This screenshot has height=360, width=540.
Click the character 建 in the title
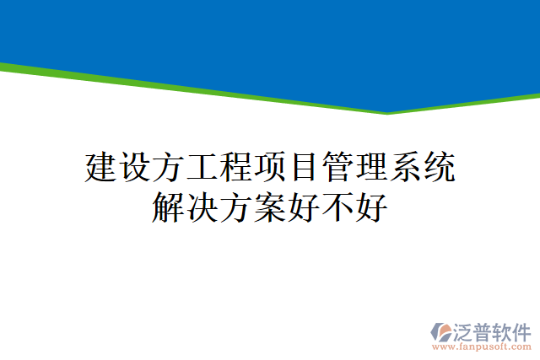(x=101, y=167)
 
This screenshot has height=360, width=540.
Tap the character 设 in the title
(x=135, y=167)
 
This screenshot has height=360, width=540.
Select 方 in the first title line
(x=169, y=167)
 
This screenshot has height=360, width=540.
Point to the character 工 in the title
(x=202, y=167)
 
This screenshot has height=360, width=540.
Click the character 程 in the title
(x=236, y=167)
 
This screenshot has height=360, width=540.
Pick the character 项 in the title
(x=270, y=167)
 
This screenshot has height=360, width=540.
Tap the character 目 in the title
(x=304, y=167)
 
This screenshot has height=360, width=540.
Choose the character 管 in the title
(x=337, y=167)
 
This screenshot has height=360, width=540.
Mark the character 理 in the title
(x=371, y=167)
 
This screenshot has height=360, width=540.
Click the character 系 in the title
(x=405, y=167)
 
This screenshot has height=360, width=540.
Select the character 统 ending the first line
(x=439, y=167)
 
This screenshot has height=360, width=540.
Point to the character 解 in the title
(x=168, y=207)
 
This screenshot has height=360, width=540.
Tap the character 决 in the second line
(x=202, y=207)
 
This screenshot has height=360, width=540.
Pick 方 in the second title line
(x=235, y=207)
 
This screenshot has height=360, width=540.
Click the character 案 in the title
(x=269, y=207)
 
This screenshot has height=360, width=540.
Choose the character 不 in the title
(x=337, y=207)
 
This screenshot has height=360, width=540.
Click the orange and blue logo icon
(x=443, y=331)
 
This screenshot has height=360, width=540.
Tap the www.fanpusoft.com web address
(x=481, y=347)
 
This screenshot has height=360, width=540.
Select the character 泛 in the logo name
(x=466, y=330)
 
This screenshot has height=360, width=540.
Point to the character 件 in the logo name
(x=521, y=330)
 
